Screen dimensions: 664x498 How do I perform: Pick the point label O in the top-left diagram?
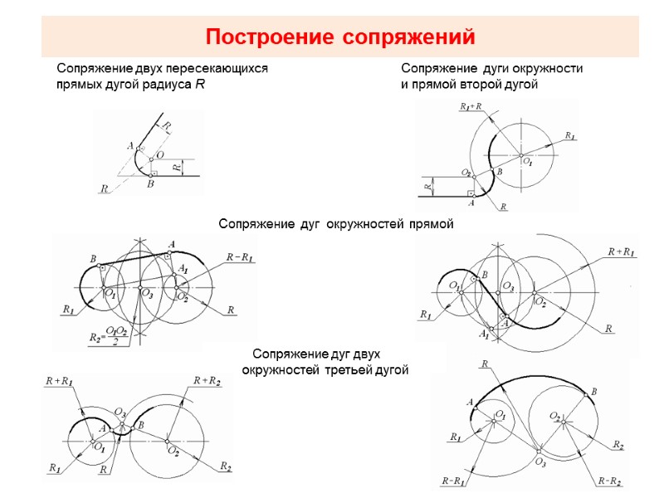tap(159, 154)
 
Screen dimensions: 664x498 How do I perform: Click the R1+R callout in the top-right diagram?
tap(471, 107)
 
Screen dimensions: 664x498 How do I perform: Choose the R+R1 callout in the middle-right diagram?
tap(621, 251)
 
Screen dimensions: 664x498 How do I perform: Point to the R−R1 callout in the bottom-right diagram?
tap(453, 481)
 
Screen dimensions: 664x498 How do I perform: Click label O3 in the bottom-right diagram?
tap(540, 461)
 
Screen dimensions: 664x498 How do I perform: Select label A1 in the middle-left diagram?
tap(183, 270)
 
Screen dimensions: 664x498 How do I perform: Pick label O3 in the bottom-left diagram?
tap(120, 413)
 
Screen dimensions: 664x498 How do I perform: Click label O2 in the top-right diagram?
tap(467, 173)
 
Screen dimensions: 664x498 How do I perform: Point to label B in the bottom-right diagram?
tap(594, 392)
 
